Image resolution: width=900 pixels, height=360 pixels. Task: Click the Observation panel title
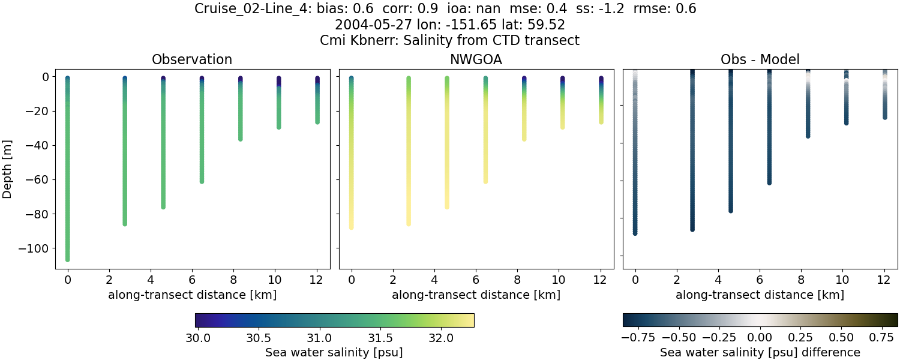tap(192, 59)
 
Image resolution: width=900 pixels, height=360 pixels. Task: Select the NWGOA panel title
tap(476, 59)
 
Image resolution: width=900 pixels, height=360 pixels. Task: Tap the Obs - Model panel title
tap(760, 59)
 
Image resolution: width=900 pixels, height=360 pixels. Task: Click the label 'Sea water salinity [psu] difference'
tap(760, 352)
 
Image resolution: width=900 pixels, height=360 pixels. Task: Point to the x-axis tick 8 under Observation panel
tap(233, 280)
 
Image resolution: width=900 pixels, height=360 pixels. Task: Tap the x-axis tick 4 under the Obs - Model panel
tap(718, 280)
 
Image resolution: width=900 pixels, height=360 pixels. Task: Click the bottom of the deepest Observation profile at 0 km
tap(68, 259)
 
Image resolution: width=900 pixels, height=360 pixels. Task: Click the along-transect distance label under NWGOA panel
tap(476, 295)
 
